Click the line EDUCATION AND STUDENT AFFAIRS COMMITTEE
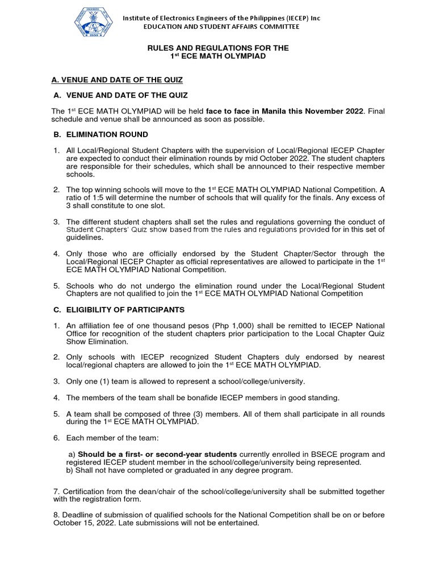click(x=222, y=27)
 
